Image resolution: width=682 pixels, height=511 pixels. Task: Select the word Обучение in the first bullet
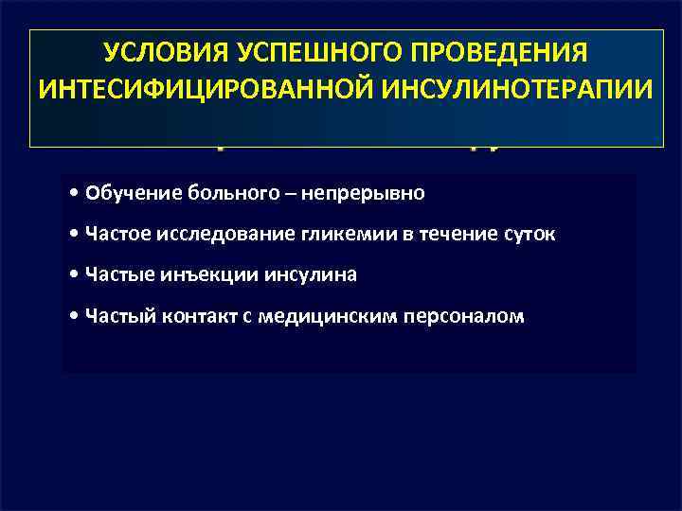(x=120, y=193)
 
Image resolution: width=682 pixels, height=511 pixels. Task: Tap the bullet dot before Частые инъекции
(x=75, y=274)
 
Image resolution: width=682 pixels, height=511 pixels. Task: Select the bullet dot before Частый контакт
(x=75, y=315)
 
